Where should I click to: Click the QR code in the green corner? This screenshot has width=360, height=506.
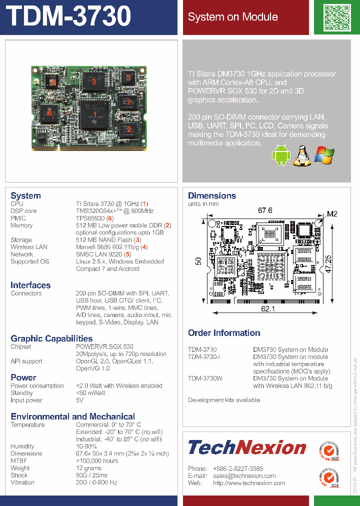(x=337, y=17)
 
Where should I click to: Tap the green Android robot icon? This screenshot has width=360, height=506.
(x=280, y=155)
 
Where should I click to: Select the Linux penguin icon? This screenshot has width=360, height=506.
(x=300, y=155)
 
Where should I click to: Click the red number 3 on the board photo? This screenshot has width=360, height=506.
(x=93, y=82)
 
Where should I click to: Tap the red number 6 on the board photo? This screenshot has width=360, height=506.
(x=49, y=113)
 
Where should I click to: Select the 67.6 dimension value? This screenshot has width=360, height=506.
(x=265, y=210)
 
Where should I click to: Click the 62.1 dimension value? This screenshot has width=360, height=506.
(x=268, y=309)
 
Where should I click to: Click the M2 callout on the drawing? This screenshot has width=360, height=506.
(x=332, y=214)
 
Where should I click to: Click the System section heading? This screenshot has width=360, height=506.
(x=25, y=195)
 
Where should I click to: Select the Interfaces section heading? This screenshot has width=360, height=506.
(x=30, y=285)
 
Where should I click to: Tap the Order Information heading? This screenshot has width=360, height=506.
(x=224, y=333)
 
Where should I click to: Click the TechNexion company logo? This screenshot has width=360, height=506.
(x=247, y=447)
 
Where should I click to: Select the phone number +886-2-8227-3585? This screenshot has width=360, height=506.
(x=238, y=468)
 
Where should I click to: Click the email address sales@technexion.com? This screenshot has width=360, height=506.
(x=244, y=476)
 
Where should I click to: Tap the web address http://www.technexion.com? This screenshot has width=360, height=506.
(x=249, y=483)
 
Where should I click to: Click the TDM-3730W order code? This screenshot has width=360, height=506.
(x=205, y=378)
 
